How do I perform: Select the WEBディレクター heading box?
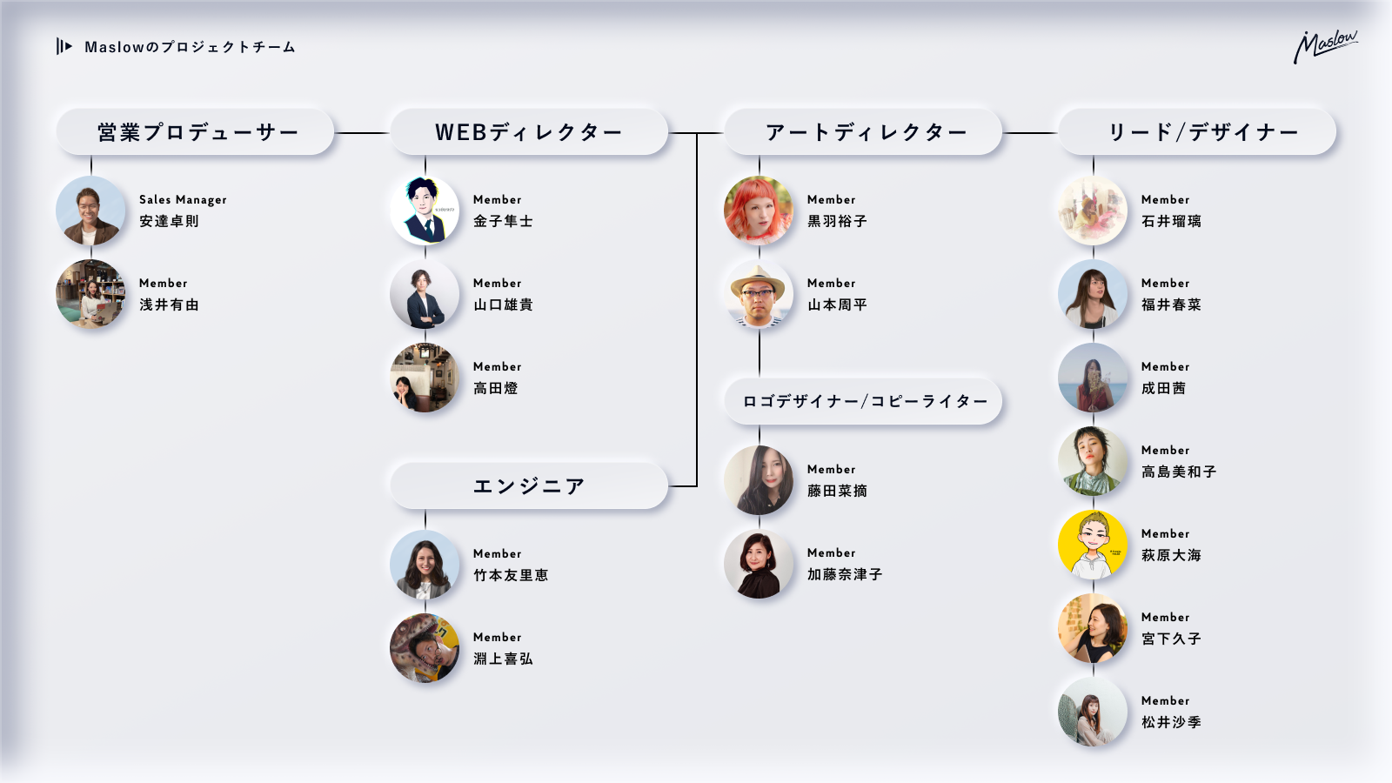pos(529,132)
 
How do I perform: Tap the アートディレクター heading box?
pos(863,132)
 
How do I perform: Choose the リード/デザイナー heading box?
pos(1197,132)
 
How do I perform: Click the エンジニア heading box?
pos(529,485)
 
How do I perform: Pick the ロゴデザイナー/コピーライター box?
pos(863,401)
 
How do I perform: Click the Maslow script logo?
pos(1324,46)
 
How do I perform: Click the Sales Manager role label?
pos(183,199)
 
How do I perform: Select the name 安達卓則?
pos(169,221)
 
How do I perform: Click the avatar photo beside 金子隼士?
pos(425,211)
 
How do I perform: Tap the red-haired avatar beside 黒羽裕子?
pos(759,211)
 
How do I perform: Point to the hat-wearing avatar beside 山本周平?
pos(759,294)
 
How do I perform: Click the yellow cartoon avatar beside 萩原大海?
pos(1093,545)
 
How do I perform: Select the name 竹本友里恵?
pos(511,575)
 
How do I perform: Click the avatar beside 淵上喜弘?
pos(425,648)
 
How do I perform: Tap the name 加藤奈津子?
pos(845,574)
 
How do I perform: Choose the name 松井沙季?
pos(1171,722)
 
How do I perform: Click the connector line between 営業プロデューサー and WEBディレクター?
pos(362,133)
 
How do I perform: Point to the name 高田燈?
pos(495,388)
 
